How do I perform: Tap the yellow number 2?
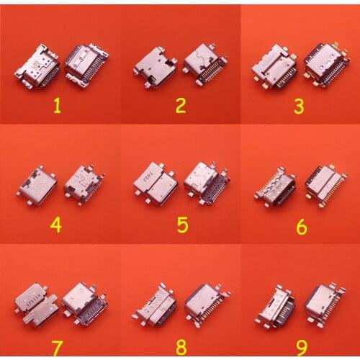181,106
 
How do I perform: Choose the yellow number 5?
183,225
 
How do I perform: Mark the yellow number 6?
301,227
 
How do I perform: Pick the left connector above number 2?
155,68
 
